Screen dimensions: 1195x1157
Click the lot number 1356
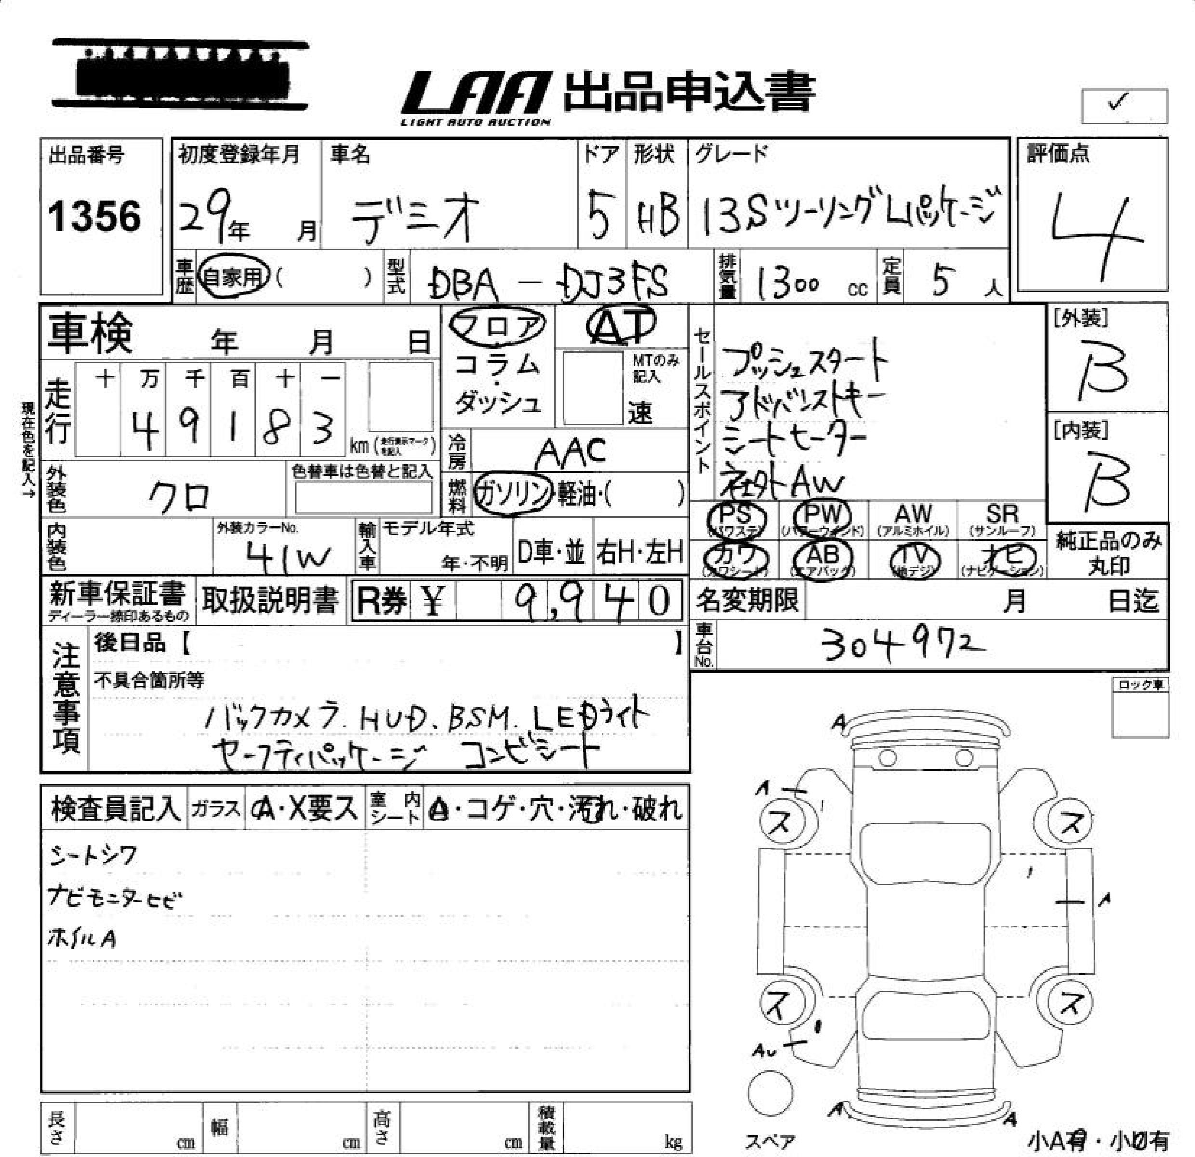click(x=94, y=216)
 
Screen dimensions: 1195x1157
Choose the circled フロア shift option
click(x=497, y=326)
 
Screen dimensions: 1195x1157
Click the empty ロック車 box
click(x=1140, y=714)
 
